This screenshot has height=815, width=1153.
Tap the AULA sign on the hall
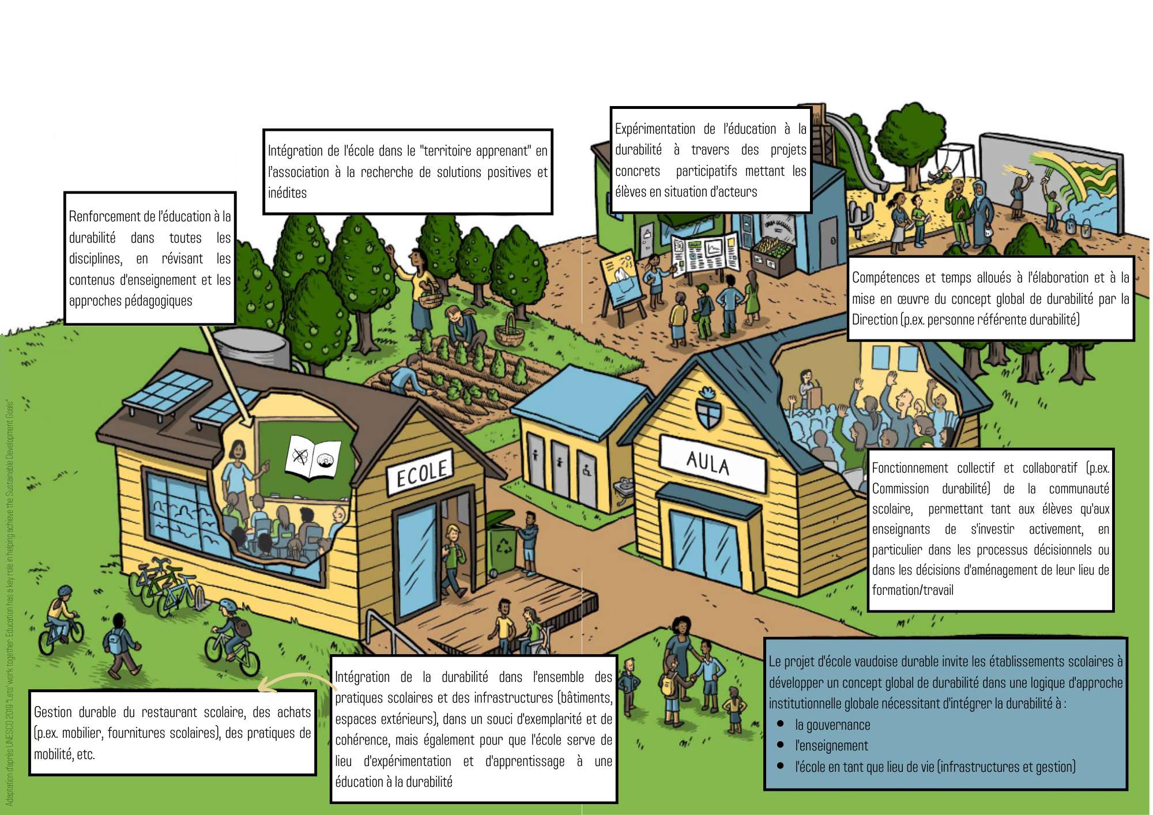point(708,462)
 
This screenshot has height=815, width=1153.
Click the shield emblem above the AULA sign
point(708,408)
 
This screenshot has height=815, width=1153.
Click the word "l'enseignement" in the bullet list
point(831,746)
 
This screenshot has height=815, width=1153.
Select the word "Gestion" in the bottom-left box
point(52,712)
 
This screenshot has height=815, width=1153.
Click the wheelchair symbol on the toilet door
point(587,471)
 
